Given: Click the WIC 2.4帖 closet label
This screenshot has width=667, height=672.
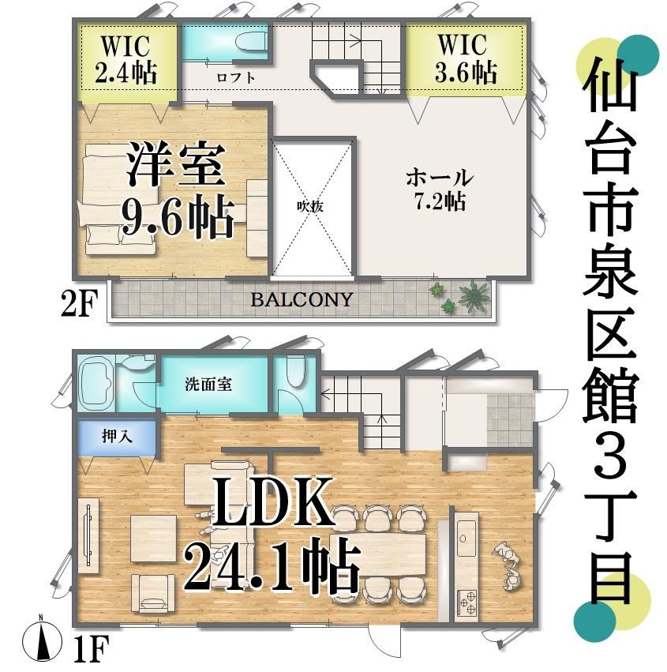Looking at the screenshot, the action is click(x=125, y=58).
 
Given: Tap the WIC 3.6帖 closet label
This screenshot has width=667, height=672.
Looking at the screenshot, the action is click(x=465, y=58).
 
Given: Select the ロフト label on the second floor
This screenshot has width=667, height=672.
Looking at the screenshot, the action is click(x=236, y=77).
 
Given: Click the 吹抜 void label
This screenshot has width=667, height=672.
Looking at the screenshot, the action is click(x=310, y=207).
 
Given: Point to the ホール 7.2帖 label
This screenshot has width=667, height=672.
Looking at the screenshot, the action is click(x=440, y=189).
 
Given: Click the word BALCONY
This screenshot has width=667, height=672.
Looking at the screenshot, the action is click(x=302, y=299).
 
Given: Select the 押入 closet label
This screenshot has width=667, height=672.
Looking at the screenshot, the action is click(x=117, y=436).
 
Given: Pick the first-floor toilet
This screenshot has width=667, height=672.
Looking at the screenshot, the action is click(x=295, y=370).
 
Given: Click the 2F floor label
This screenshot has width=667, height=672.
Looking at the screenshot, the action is click(x=77, y=302).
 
